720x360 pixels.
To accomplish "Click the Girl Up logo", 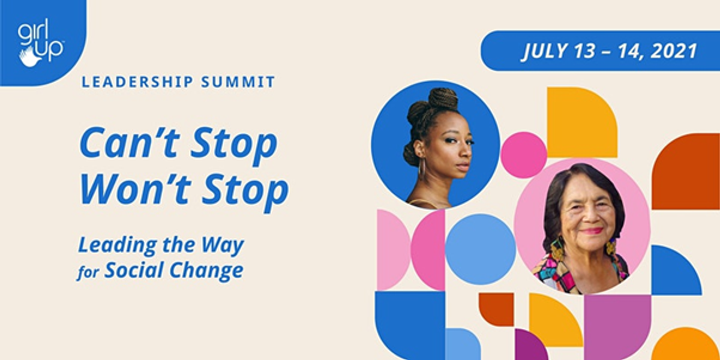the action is coord(41,43).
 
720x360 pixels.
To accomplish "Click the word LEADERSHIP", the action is coord(137,82).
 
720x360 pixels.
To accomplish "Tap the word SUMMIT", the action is coord(238,82).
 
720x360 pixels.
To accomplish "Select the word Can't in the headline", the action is coord(129,142).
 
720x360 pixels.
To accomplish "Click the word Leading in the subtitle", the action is coord(118,246).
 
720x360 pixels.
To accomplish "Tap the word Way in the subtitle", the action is coord(223,246).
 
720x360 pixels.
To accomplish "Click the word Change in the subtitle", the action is coord(206,271).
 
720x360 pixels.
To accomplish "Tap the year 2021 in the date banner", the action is coord(674,51).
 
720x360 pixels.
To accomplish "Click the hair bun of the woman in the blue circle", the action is coord(444,98).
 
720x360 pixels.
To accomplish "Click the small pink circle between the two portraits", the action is coord(524,155).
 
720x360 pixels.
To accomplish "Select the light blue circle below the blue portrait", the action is coord(481,250).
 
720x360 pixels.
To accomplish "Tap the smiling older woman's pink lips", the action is coord(592,231).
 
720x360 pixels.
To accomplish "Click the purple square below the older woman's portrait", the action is coord(617,327).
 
